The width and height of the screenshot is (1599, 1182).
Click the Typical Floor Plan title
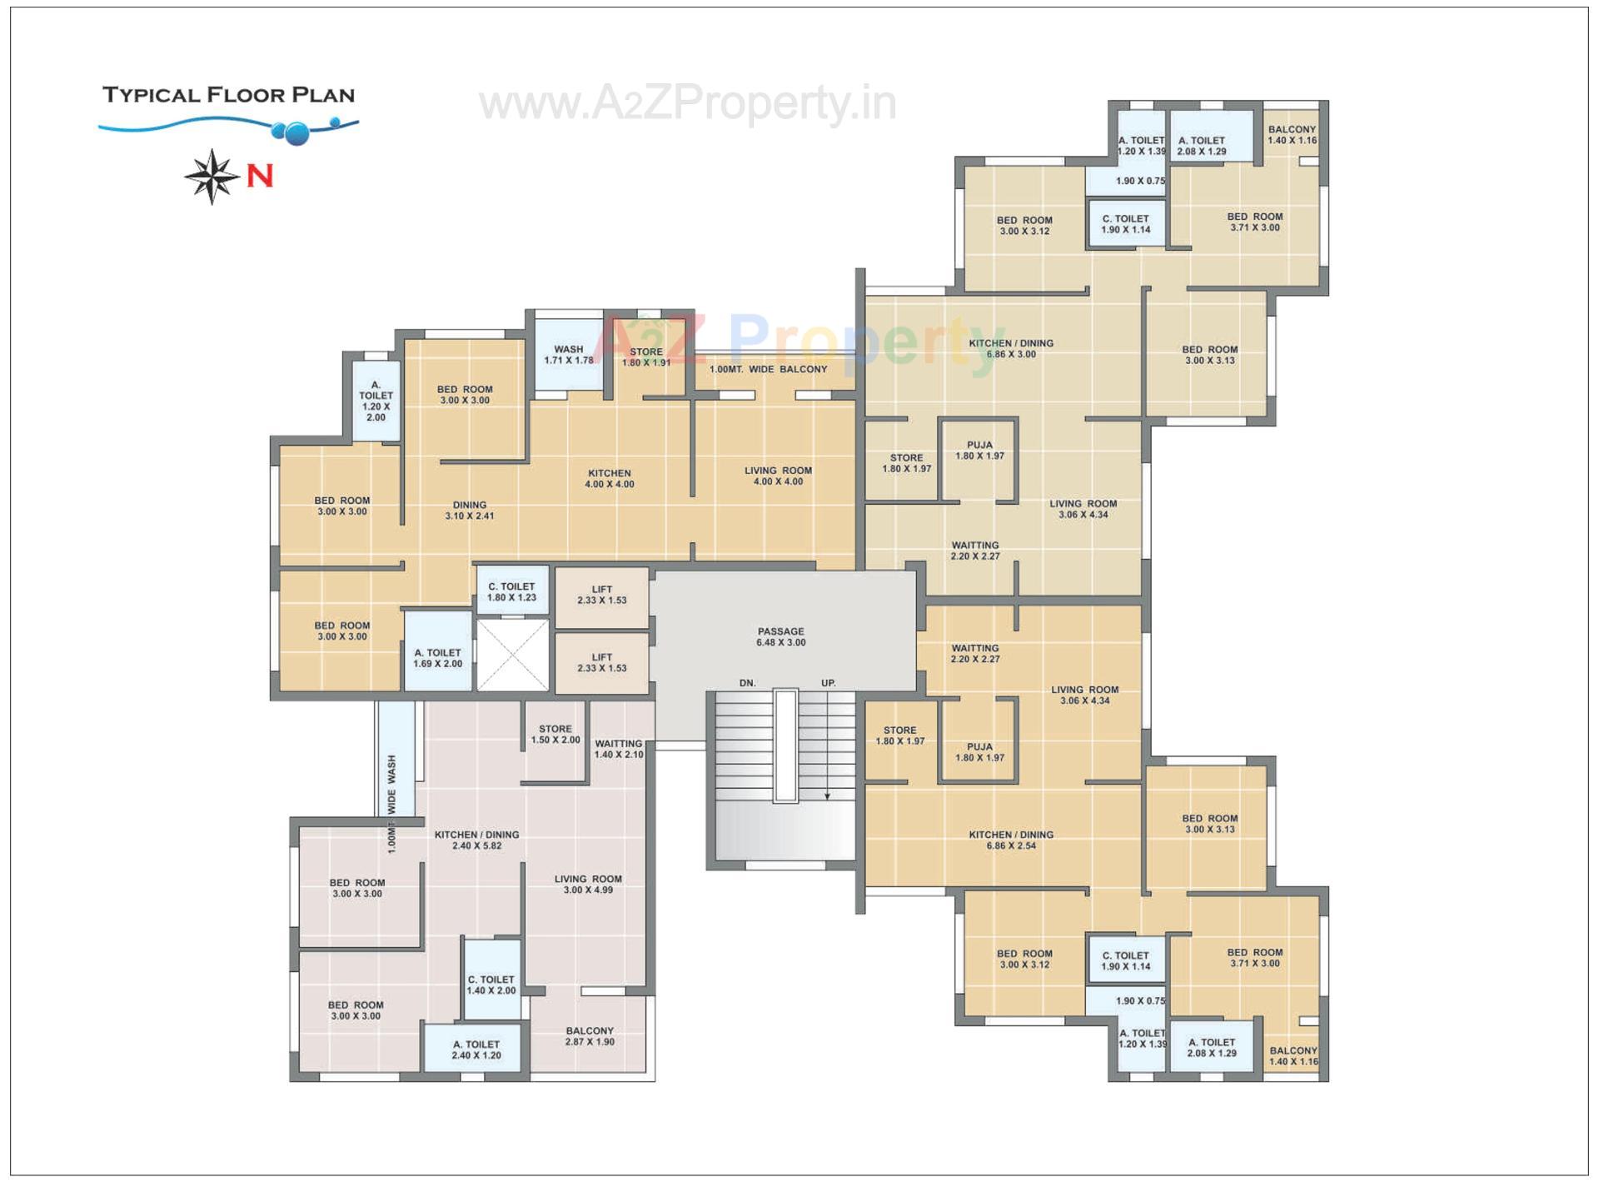tap(228, 95)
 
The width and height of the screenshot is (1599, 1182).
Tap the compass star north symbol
tap(212, 177)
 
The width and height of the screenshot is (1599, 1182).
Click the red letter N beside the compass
tap(260, 177)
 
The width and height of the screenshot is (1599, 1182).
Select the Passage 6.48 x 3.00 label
tap(780, 637)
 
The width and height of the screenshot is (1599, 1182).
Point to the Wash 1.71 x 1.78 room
tap(569, 355)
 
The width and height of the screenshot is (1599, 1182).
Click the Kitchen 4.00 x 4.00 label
tap(609, 479)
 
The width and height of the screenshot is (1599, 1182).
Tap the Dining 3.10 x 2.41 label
tap(470, 511)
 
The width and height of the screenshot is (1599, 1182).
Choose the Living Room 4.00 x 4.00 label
tap(778, 476)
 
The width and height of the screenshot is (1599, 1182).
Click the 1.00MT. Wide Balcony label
tap(768, 369)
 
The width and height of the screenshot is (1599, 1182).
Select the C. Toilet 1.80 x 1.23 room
tap(511, 591)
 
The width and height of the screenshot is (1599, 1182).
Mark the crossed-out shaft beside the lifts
tap(512, 655)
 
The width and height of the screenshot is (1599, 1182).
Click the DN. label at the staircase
tap(748, 683)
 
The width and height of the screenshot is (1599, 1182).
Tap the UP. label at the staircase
tap(828, 683)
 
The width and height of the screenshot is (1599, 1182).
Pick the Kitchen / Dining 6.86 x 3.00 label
tap(1011, 348)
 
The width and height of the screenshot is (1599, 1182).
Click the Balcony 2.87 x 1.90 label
tap(590, 1036)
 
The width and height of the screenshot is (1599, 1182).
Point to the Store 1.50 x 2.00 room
tap(555, 734)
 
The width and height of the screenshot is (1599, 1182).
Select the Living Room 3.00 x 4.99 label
tap(588, 885)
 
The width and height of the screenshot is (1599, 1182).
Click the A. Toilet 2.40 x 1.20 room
tap(476, 1050)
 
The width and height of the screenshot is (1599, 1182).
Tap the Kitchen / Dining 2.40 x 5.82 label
tap(476, 840)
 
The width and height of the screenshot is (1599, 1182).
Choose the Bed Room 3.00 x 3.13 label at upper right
tap(1209, 355)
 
